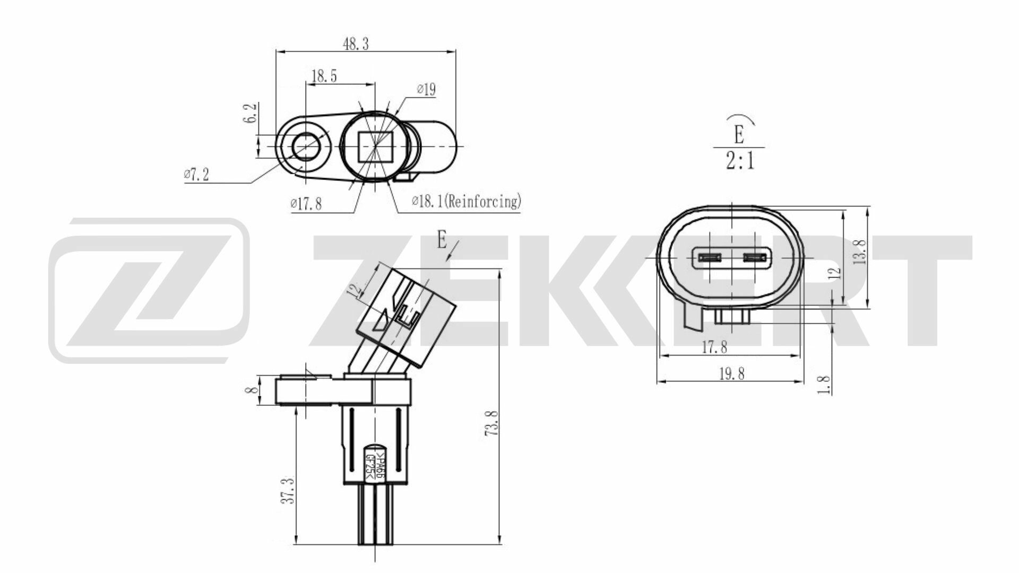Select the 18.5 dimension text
click(x=324, y=76)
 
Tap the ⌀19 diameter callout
click(x=426, y=90)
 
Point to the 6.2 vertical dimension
click(x=252, y=113)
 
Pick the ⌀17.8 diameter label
click(x=306, y=203)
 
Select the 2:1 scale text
click(x=740, y=160)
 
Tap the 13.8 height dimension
click(x=861, y=251)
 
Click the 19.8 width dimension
click(x=732, y=374)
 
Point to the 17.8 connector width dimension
click(x=714, y=348)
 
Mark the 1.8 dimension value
click(x=824, y=385)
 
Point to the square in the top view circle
click(x=375, y=146)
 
